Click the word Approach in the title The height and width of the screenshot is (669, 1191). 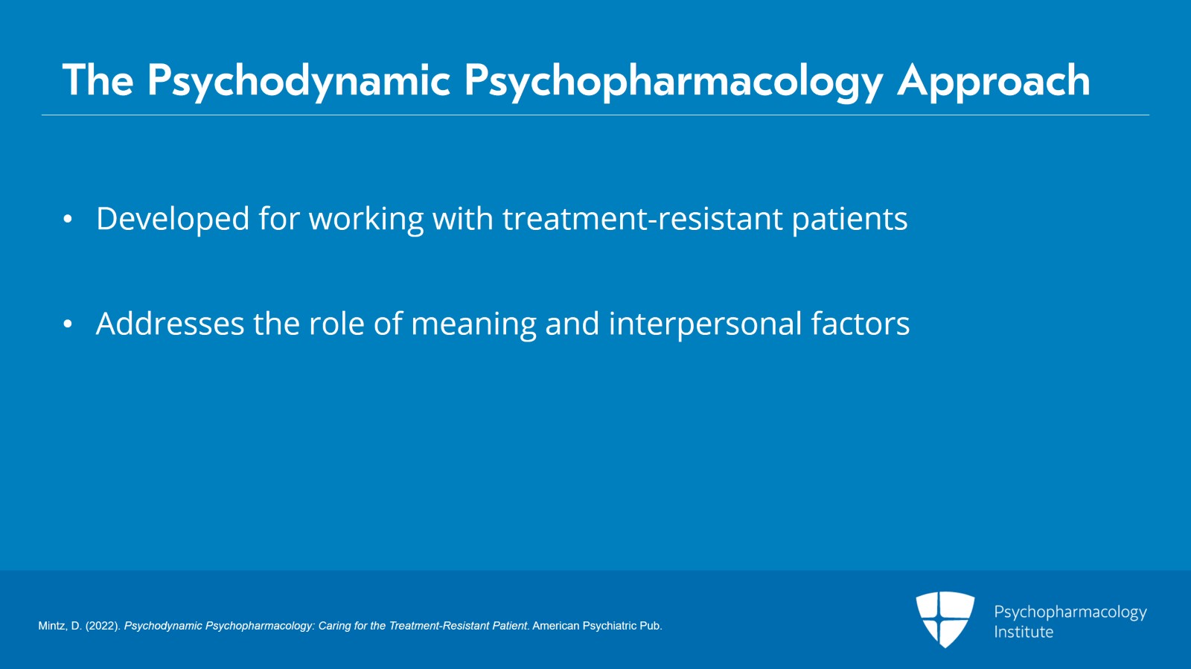pyautogui.click(x=994, y=81)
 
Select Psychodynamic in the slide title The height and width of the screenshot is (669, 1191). pyautogui.click(x=298, y=81)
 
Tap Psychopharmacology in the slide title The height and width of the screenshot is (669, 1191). pyautogui.click(x=674, y=81)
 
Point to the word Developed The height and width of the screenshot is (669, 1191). pyautogui.click(x=173, y=219)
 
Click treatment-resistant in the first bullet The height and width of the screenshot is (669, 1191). pyautogui.click(x=642, y=218)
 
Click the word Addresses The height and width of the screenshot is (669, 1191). pyautogui.click(x=170, y=324)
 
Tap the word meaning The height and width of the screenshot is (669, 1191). pyautogui.click(x=473, y=324)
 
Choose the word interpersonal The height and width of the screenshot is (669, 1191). pyautogui.click(x=705, y=324)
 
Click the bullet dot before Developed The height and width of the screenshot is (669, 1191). pyautogui.click(x=67, y=219)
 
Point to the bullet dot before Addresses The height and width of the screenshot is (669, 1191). pyautogui.click(x=67, y=324)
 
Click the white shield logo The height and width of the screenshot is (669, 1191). pyautogui.click(x=945, y=619)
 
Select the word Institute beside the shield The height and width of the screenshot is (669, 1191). pyautogui.click(x=1024, y=632)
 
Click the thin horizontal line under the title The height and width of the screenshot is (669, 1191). pyautogui.click(x=595, y=115)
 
